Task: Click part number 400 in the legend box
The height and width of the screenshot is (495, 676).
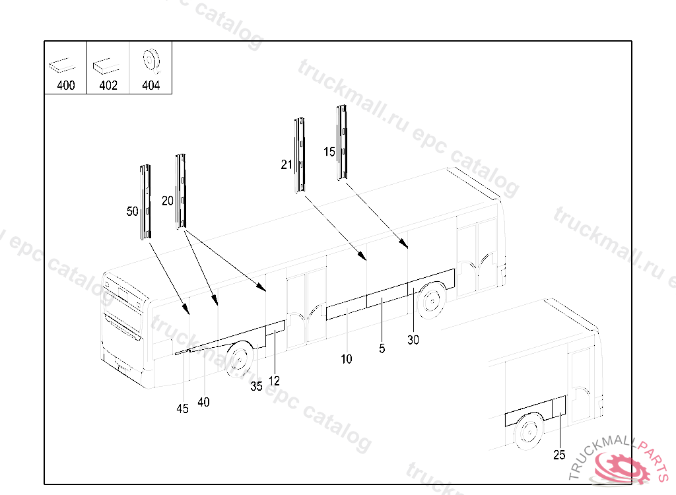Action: (66, 85)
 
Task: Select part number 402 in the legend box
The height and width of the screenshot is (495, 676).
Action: (108, 85)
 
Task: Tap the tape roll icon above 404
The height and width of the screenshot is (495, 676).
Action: (151, 60)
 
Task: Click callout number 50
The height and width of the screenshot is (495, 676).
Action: (132, 211)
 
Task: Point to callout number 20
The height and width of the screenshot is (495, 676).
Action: (167, 201)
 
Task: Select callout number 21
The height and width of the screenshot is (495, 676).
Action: (287, 164)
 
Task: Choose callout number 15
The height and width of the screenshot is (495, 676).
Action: (329, 152)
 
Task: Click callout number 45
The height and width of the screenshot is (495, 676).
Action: (182, 409)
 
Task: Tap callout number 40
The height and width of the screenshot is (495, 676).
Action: (203, 403)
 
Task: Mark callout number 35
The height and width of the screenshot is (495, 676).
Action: (257, 386)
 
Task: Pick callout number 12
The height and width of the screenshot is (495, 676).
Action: (274, 381)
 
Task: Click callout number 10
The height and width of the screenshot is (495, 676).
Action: (346, 359)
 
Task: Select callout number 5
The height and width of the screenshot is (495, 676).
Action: (382, 348)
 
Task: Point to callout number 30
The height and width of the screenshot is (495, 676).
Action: (413, 340)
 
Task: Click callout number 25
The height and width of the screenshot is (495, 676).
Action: (559, 455)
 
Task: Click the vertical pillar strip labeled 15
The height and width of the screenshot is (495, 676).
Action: (343, 143)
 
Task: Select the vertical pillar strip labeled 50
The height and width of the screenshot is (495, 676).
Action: (145, 202)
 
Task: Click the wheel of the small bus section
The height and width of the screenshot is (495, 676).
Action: (529, 432)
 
